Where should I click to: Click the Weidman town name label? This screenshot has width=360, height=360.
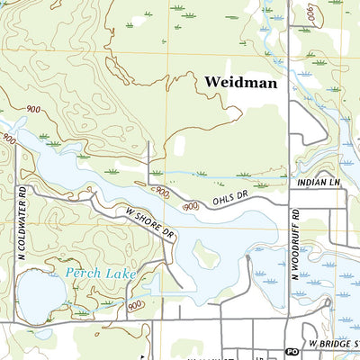(x=240, y=83)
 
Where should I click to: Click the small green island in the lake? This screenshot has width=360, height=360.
(x=206, y=257)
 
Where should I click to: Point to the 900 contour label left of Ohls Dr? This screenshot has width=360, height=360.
(x=191, y=207)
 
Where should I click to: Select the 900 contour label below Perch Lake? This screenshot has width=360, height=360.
(x=136, y=306)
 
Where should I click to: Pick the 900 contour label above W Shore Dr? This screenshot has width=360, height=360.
(x=161, y=192)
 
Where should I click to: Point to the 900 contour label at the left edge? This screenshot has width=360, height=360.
(x=8, y=139)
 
